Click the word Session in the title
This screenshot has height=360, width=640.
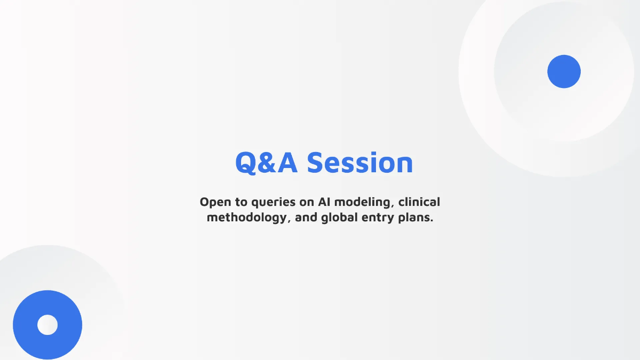pyautogui.click(x=360, y=163)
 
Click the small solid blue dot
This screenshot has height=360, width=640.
pyautogui.click(x=564, y=71)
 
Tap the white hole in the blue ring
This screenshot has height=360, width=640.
pyautogui.click(x=47, y=325)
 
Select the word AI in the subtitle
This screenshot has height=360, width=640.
pyautogui.click(x=325, y=202)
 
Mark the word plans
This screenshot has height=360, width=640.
pyautogui.click(x=415, y=219)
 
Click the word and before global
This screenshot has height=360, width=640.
pyautogui.click(x=306, y=219)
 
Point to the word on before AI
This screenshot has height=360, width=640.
pyautogui.click(x=308, y=202)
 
